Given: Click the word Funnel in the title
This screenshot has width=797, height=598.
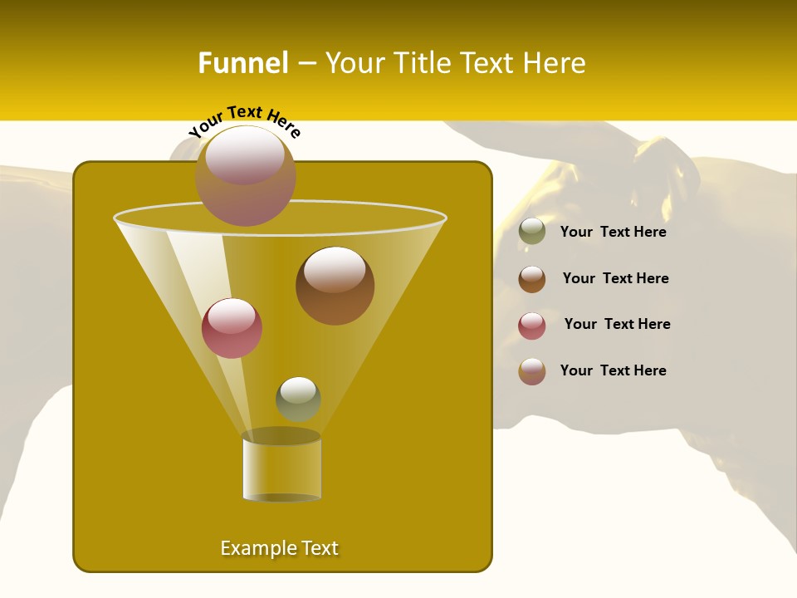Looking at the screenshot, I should (242, 63).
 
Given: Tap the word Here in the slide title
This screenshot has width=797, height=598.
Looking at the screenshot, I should (554, 63).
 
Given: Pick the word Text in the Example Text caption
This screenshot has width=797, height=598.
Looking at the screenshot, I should (317, 548).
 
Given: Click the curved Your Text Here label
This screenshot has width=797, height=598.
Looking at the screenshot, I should (245, 120).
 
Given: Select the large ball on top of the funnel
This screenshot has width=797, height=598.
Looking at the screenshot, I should (246, 175).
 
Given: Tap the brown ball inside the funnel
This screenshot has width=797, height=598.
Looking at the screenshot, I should (335, 285).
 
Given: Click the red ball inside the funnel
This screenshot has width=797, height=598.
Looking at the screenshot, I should (232, 328).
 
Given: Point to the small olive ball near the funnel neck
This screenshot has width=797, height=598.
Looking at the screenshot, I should (298, 399).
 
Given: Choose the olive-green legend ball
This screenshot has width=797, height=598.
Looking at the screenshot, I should (532, 232).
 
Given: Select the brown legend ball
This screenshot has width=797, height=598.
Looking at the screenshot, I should (532, 279).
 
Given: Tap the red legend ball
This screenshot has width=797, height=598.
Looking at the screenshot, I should (532, 326).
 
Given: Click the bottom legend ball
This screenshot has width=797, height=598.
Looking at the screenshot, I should (532, 371).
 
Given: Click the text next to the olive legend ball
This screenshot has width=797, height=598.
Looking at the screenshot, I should (613, 233).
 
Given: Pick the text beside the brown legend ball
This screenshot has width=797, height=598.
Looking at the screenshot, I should (615, 279).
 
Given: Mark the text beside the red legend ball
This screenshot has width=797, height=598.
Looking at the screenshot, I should (617, 325).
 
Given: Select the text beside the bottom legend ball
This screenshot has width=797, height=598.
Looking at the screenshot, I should (613, 370).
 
